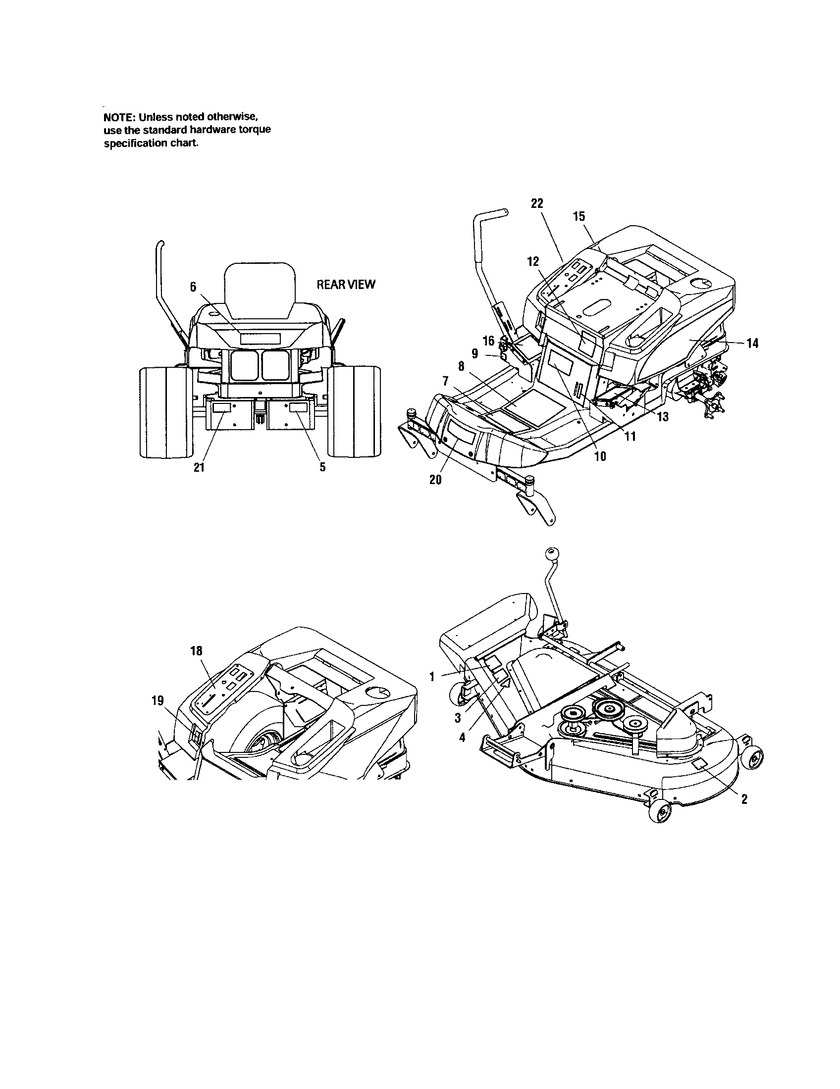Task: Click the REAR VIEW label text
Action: click(x=346, y=285)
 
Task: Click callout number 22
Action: click(x=537, y=203)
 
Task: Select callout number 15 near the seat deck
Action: click(x=579, y=216)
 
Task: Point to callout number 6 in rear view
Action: click(x=194, y=286)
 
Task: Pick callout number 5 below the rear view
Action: click(x=323, y=467)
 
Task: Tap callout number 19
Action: click(x=157, y=700)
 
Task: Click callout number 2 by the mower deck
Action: click(x=744, y=799)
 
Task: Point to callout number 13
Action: click(x=663, y=417)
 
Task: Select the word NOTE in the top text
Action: click(x=118, y=118)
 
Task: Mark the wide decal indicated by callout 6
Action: click(x=260, y=339)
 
